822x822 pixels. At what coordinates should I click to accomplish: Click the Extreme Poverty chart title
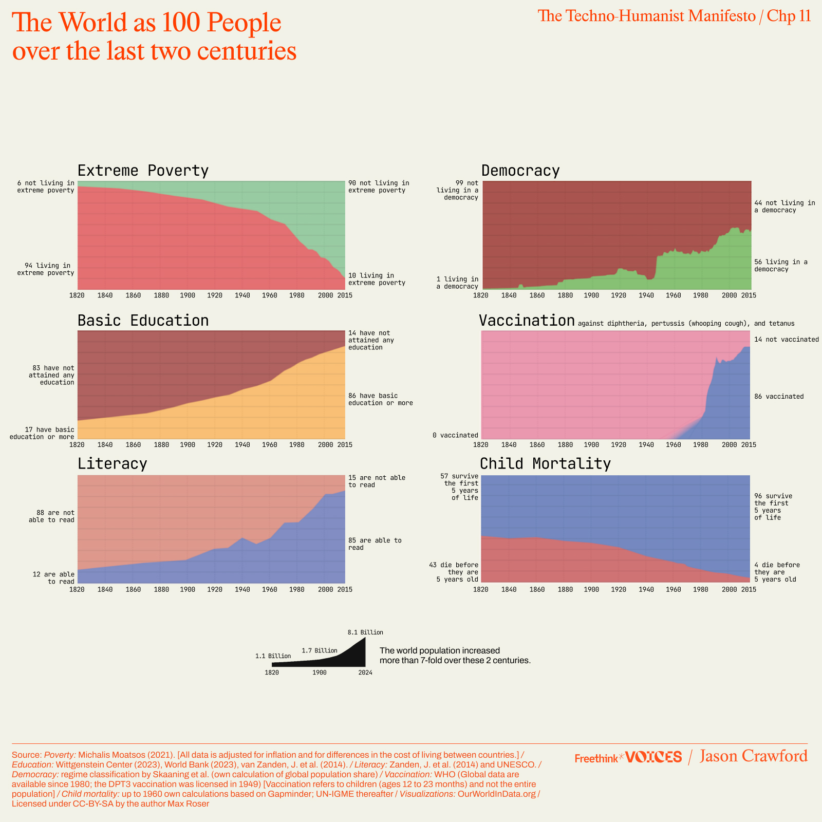pyautogui.click(x=143, y=171)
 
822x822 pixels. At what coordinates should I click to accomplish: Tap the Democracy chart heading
pyautogui.click(x=520, y=171)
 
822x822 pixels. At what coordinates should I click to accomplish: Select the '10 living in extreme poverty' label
pyautogui.click(x=377, y=279)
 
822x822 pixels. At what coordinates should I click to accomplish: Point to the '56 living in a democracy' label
pyautogui.click(x=780, y=266)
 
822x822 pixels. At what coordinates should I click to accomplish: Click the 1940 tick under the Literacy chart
pyautogui.click(x=242, y=589)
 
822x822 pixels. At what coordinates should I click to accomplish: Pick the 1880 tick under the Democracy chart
pyautogui.click(x=565, y=295)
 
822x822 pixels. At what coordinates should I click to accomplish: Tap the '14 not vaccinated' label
pyautogui.click(x=786, y=339)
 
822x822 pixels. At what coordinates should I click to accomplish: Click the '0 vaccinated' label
pyautogui.click(x=455, y=435)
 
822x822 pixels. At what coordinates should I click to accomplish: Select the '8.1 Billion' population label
pyautogui.click(x=365, y=632)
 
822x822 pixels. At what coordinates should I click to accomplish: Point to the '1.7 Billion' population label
pyautogui.click(x=319, y=650)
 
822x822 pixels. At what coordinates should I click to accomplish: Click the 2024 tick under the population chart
pyautogui.click(x=365, y=672)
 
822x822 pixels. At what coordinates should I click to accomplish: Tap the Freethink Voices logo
pyautogui.click(x=628, y=757)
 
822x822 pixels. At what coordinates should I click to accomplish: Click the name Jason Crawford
pyautogui.click(x=753, y=756)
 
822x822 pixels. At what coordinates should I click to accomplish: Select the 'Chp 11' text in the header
pyautogui.click(x=789, y=16)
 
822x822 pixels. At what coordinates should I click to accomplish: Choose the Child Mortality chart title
pyautogui.click(x=545, y=463)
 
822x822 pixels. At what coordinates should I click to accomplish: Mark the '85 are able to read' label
pyautogui.click(x=375, y=544)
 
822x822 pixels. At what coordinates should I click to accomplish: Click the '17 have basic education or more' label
pyautogui.click(x=42, y=433)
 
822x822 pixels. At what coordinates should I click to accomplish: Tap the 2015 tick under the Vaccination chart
pyautogui.click(x=749, y=444)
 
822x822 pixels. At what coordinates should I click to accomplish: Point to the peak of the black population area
pyautogui.click(x=364, y=639)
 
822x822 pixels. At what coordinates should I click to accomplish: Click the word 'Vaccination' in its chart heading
pyautogui.click(x=527, y=321)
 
